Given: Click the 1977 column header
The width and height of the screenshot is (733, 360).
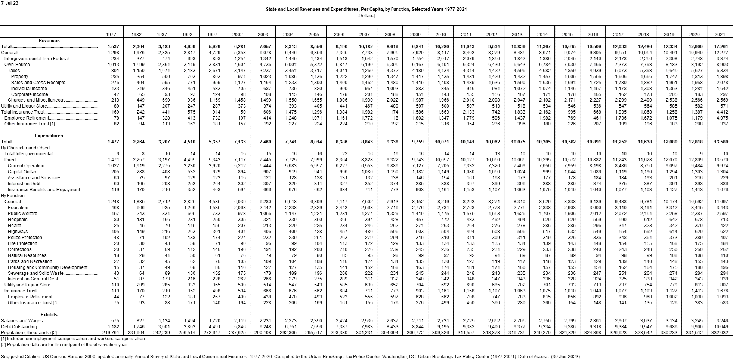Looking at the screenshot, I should [111, 34].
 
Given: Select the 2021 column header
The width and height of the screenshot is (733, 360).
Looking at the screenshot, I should [720, 34].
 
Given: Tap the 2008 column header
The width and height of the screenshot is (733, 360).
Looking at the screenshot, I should [390, 34].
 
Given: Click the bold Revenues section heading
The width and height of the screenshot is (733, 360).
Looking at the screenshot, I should [49, 41].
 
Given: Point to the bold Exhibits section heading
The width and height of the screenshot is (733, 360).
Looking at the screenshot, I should [49, 314].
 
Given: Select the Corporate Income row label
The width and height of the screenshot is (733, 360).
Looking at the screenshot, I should [30, 94].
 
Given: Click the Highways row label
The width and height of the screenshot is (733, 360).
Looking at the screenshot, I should [18, 232].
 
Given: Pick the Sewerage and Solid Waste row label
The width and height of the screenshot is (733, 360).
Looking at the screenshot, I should [35, 273].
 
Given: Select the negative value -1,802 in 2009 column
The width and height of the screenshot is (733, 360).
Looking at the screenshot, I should [417, 118].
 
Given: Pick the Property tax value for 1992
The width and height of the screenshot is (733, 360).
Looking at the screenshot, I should [191, 77].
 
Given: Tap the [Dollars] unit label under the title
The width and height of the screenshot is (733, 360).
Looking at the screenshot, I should [366, 15].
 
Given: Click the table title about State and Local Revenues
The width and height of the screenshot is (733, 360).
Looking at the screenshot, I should [366, 9].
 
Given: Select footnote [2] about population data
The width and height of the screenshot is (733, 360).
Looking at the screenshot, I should [65, 345].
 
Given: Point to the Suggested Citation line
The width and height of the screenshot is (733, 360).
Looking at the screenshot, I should [291, 357].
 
